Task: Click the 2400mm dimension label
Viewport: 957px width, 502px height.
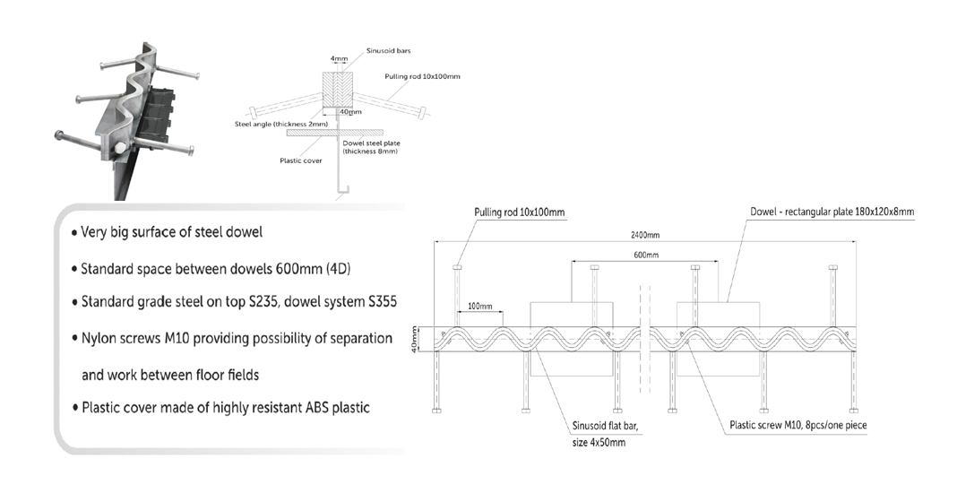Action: (645, 235)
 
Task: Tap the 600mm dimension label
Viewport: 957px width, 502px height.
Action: (646, 255)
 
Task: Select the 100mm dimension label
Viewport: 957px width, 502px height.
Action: (480, 306)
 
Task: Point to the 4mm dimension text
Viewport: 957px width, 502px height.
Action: (339, 58)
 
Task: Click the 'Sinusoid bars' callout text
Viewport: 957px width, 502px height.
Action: (388, 51)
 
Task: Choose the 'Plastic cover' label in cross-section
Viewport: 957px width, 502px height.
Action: (301, 160)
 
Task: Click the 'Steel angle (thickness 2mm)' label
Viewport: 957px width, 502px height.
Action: (281, 124)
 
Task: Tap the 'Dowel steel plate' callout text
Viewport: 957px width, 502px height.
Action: (371, 143)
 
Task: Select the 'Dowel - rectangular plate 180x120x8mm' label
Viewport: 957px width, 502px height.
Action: (832, 212)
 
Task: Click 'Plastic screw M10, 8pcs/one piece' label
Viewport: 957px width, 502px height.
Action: (798, 425)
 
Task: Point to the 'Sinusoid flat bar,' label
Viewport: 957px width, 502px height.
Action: (605, 426)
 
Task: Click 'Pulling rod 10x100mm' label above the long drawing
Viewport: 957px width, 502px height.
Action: (520, 212)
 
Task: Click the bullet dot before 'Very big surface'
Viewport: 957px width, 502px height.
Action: (74, 233)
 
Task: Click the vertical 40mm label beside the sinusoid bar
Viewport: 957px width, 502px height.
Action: (414, 339)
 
